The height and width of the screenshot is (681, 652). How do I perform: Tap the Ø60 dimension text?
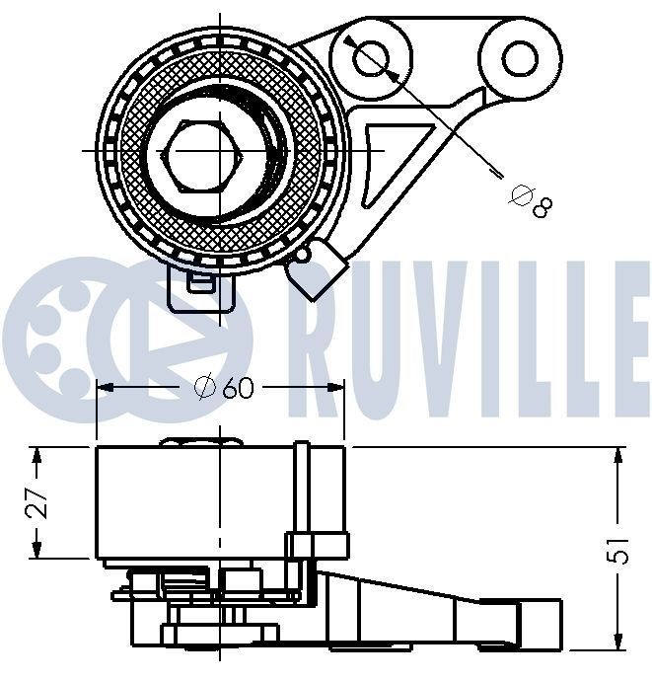pyautogui.click(x=225, y=388)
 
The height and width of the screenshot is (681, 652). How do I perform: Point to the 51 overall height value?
pyautogui.click(x=618, y=551)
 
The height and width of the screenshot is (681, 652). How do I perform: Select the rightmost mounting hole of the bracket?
pyautogui.click(x=518, y=57)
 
